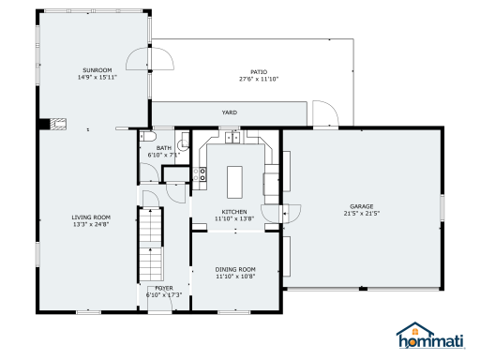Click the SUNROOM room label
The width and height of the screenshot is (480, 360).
pos(97,70)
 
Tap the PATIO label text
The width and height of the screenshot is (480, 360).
pos(259,72)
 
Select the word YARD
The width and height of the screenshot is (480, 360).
pos(230,112)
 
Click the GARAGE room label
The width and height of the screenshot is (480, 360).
pos(362,206)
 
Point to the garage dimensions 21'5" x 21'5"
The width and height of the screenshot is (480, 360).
pos(362,214)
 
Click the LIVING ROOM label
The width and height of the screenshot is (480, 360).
pos(91,217)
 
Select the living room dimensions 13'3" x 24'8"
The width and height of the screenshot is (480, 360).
pos(91,224)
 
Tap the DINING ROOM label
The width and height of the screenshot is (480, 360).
pos(235,269)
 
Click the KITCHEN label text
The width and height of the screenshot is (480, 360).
pos(234,212)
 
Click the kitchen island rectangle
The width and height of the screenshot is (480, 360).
pos(234,182)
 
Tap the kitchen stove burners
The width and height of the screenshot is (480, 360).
pos(200,174)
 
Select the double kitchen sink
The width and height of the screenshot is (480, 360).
pos(232,137)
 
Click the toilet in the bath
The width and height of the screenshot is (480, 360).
pos(147,137)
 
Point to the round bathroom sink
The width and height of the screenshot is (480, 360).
pos(183,144)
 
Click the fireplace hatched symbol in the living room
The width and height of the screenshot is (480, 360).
pos(58,124)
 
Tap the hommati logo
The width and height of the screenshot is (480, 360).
pos(431,336)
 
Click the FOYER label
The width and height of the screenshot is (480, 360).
pos(164,288)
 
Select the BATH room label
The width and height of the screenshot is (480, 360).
pos(164,148)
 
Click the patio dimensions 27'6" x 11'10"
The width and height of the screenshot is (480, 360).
pos(259,79)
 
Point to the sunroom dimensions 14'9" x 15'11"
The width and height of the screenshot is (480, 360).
pos(97,77)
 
